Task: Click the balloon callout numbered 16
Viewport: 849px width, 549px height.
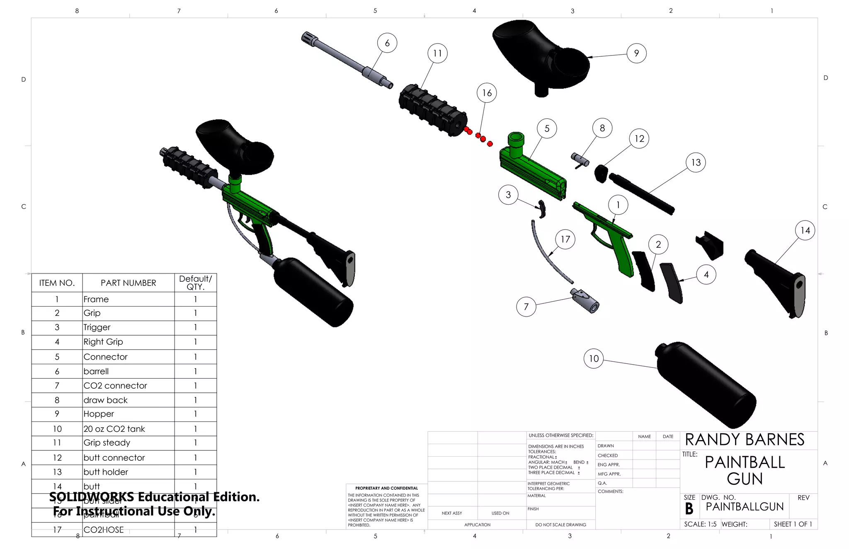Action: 487,93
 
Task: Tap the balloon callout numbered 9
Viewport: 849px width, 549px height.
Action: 636,53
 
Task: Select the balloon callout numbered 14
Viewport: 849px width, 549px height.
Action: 805,230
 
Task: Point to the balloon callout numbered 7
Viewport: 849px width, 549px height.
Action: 526,307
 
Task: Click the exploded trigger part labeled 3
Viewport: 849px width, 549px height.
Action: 542,209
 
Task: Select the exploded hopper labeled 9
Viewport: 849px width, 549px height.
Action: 539,54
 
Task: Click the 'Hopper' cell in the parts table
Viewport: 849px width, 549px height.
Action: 99,414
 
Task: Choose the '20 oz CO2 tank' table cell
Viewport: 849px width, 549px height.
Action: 114,429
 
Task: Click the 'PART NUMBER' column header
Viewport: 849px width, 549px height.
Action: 128,283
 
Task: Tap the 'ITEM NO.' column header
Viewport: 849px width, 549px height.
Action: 57,283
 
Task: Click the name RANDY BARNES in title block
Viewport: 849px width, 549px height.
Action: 745,440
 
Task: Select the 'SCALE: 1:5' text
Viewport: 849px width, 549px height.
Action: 700,524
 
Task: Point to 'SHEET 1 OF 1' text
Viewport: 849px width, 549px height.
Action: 793,524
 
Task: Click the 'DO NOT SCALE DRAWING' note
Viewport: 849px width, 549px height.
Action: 560,525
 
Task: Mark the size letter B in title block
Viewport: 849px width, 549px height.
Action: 689,508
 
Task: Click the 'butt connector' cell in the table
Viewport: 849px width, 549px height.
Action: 114,457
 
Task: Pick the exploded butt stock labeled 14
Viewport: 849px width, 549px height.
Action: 779,282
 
